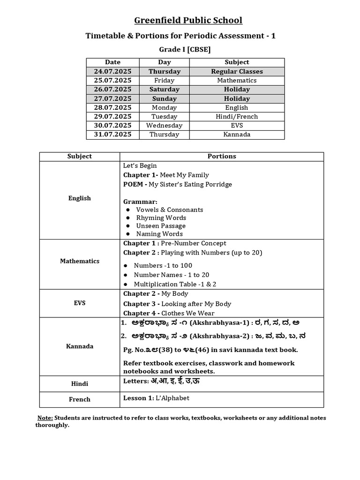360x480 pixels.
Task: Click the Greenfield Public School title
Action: click(x=188, y=20)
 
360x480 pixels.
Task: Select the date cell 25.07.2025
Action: click(x=112, y=80)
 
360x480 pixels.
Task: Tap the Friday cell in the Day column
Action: click(x=164, y=80)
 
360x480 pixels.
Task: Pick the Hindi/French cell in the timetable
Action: click(x=237, y=116)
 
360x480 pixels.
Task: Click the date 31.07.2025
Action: click(x=112, y=135)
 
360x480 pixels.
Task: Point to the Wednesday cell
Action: click(x=164, y=126)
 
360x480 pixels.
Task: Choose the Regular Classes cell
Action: click(x=237, y=71)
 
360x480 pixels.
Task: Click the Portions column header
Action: click(x=222, y=156)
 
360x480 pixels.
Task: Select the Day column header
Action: click(x=164, y=62)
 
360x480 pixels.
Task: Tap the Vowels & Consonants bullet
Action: click(x=169, y=210)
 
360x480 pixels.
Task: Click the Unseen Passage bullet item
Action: click(x=160, y=225)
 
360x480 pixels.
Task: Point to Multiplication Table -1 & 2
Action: click(x=175, y=284)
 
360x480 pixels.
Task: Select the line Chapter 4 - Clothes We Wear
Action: click(x=169, y=313)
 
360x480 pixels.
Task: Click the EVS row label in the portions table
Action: click(x=80, y=303)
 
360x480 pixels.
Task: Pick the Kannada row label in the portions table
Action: click(x=80, y=346)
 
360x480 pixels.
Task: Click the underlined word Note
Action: click(x=45, y=418)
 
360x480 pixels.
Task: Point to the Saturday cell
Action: click(x=164, y=89)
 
